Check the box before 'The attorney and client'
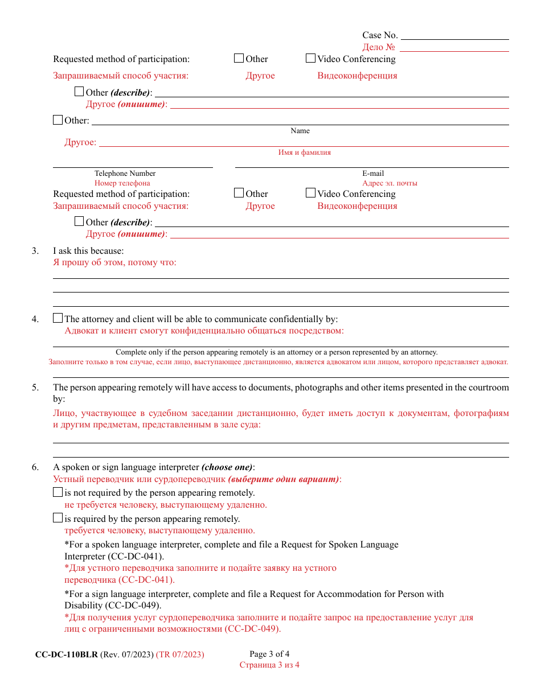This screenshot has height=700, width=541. click(x=58, y=319)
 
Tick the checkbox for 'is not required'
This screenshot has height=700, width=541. click(x=58, y=492)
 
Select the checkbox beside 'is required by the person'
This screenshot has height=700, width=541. click(x=58, y=518)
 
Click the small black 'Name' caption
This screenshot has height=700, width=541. click(x=300, y=131)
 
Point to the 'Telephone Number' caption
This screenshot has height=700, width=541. click(x=125, y=174)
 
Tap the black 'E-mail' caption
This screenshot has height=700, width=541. click(x=373, y=174)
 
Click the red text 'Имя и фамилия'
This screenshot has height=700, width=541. click(x=304, y=153)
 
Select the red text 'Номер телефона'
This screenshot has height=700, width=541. click(x=122, y=183)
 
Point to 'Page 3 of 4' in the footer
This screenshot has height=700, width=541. click(x=269, y=654)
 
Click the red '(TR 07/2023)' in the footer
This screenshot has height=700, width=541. click(x=180, y=655)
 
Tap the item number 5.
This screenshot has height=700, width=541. click(x=35, y=388)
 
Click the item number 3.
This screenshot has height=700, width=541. click(x=35, y=251)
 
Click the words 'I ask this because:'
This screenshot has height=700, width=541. click(x=88, y=251)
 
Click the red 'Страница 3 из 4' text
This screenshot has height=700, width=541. click(x=269, y=665)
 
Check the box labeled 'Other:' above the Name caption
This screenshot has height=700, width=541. click(x=58, y=120)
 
